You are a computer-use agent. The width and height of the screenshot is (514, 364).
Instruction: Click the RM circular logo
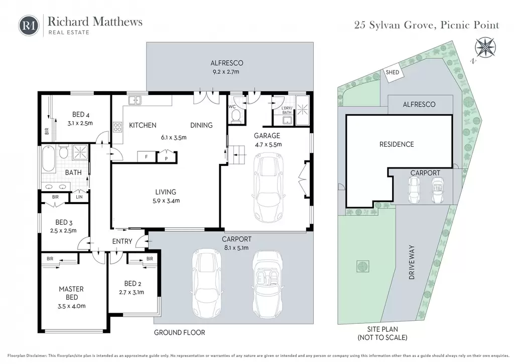(29, 25)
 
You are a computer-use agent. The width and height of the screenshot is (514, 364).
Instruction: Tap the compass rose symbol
(485, 48)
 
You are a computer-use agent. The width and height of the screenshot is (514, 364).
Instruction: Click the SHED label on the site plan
(393, 72)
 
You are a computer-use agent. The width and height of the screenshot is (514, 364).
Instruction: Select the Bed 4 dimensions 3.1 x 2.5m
(80, 123)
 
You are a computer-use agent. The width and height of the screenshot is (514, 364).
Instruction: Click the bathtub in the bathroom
(49, 158)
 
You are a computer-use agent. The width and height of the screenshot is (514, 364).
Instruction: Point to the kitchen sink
(135, 100)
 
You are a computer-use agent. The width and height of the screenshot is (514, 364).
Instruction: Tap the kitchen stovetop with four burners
(117, 127)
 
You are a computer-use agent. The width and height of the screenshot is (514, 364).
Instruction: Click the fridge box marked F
(146, 157)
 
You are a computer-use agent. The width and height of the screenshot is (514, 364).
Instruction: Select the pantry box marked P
(166, 157)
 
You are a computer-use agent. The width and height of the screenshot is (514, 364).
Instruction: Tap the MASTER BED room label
(71, 293)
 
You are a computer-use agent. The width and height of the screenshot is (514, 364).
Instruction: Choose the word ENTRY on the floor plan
(122, 241)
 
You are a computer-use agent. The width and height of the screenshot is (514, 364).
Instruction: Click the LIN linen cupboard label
(79, 197)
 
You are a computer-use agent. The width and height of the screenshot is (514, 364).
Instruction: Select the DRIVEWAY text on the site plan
(412, 262)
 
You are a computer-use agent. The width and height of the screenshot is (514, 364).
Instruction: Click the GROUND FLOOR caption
(180, 332)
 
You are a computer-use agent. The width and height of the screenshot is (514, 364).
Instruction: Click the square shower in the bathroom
(80, 152)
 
